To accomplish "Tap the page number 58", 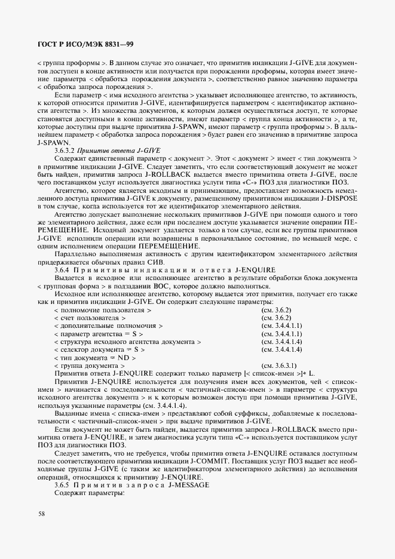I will point(41,513).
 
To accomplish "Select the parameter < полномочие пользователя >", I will point(102,311).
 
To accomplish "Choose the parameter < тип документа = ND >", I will point(94,357).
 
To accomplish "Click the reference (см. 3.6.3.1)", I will point(280,365).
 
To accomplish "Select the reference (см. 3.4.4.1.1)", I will point(282,326).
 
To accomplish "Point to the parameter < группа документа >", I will point(89,365).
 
